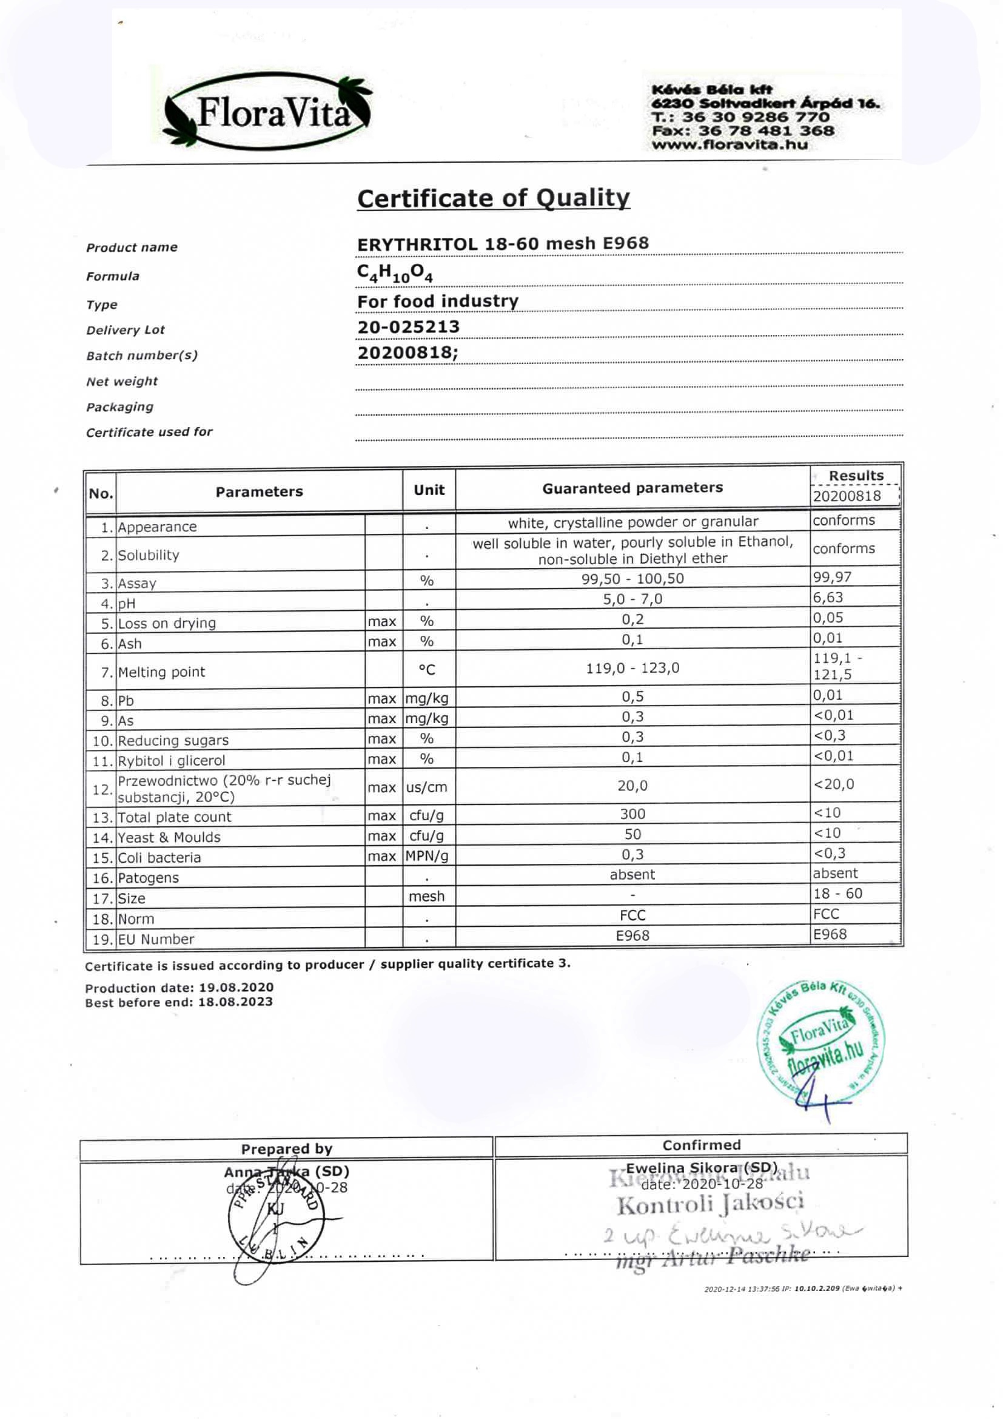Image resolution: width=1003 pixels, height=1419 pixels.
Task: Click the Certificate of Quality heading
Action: [493, 198]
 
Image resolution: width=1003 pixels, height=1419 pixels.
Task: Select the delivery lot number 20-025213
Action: [408, 327]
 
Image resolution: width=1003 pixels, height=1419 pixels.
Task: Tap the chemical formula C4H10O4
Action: [395, 273]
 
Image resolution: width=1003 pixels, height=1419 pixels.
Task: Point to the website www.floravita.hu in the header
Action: [730, 145]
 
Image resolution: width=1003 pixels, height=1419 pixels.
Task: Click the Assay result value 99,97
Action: [832, 577]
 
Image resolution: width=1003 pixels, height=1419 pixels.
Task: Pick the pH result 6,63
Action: [828, 598]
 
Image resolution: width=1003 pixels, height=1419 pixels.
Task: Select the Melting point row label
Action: [161, 672]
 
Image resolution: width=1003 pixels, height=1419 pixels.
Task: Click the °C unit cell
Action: [427, 669]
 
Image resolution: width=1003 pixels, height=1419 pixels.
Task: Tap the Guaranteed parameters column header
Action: [632, 488]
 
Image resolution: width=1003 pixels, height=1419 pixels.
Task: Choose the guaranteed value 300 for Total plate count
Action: [632, 814]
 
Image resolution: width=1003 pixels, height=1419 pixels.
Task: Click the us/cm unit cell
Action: [426, 787]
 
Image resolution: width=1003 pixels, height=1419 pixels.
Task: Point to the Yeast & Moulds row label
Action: [169, 837]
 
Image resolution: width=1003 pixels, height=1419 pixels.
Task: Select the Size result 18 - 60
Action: [837, 894]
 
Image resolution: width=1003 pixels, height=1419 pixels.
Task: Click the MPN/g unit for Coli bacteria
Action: [427, 856]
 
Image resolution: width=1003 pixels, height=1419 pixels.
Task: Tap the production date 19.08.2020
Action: [236, 988]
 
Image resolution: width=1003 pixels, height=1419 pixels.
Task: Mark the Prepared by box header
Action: [287, 1149]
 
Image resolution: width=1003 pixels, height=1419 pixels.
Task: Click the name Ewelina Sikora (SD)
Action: [701, 1168]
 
